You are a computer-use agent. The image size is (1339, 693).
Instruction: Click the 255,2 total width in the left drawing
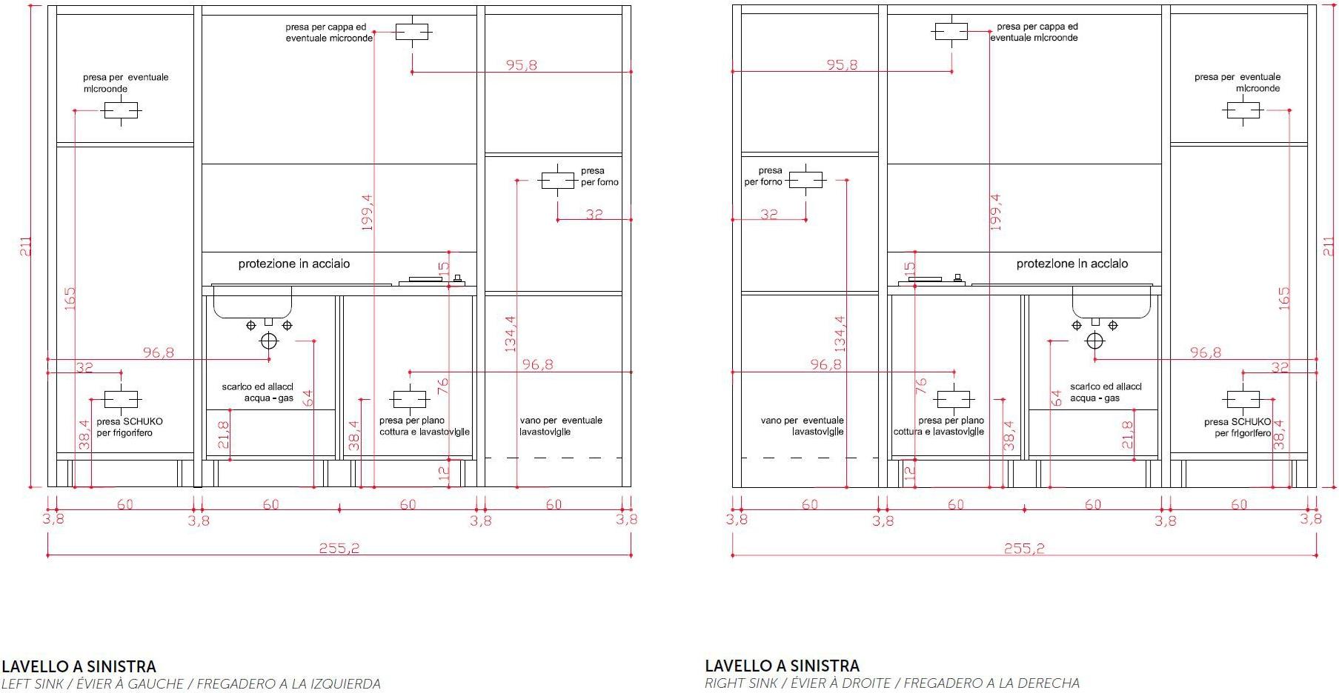pyautogui.click(x=339, y=549)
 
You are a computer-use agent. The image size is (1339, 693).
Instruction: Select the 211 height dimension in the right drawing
pyautogui.click(x=1329, y=247)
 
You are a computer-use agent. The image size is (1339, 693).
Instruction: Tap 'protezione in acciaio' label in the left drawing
pyautogui.click(x=294, y=264)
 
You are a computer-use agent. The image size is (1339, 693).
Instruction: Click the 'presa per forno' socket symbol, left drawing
pyautogui.click(x=558, y=181)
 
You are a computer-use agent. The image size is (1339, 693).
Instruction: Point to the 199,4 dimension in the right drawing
pyautogui.click(x=996, y=212)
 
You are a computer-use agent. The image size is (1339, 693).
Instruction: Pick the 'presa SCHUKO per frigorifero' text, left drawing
pyautogui.click(x=130, y=427)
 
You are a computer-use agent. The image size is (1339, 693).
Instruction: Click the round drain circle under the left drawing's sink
pyautogui.click(x=268, y=341)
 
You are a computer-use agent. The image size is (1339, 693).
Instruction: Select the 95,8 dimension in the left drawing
pyautogui.click(x=522, y=65)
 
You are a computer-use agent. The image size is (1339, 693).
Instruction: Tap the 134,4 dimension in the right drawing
pyautogui.click(x=840, y=334)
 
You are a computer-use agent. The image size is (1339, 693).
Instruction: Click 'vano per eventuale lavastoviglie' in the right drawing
pyautogui.click(x=803, y=426)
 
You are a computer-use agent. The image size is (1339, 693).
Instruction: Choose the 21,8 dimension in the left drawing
pyautogui.click(x=223, y=435)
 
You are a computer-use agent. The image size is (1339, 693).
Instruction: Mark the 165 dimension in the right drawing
pyautogui.click(x=1284, y=298)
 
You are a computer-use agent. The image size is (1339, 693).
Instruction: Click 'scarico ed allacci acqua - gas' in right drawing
pyautogui.click(x=1106, y=392)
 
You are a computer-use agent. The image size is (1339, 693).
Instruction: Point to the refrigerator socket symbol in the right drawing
pyautogui.click(x=1243, y=400)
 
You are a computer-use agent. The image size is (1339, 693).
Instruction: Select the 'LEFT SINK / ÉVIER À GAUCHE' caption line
pyautogui.click(x=191, y=684)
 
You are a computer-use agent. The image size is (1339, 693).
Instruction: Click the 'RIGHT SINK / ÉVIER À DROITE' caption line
pyautogui.click(x=892, y=683)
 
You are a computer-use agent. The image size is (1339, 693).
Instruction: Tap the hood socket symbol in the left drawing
pyautogui.click(x=412, y=32)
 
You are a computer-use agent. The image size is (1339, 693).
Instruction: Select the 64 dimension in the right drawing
pyautogui.click(x=1056, y=398)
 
